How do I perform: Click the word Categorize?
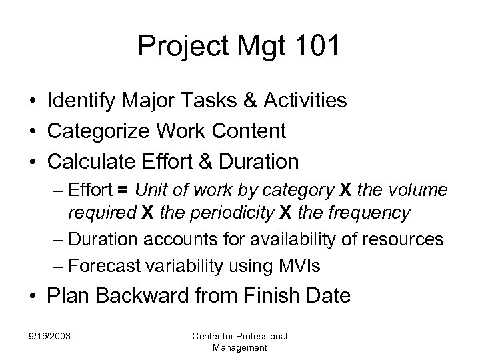click(x=95, y=131)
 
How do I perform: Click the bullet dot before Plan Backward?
click(x=33, y=296)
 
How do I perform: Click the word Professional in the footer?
click(x=260, y=335)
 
